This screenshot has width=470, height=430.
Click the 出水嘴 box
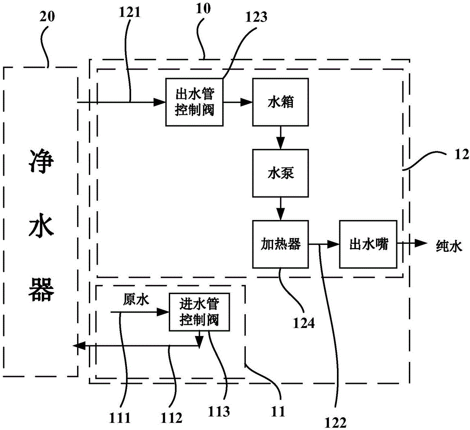(368, 244)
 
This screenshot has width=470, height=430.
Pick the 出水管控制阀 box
(194, 102)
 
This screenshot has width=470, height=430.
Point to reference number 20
(47, 18)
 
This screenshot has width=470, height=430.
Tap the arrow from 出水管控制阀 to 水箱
(237, 102)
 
